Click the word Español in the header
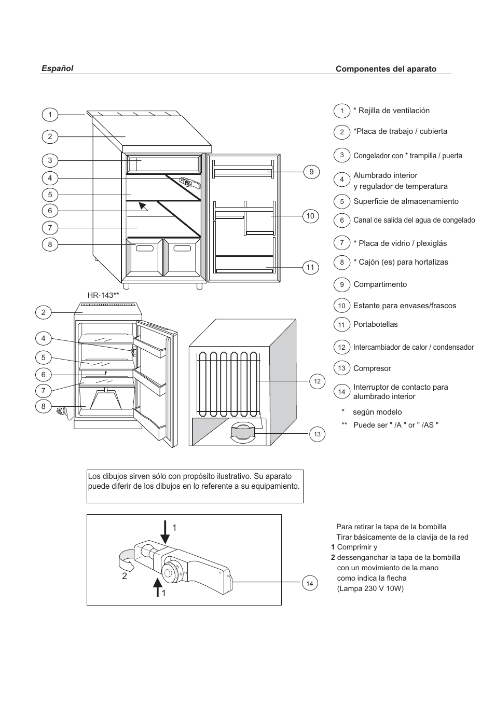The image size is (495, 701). pos(57,68)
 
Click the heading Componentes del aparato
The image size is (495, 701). pos(386,69)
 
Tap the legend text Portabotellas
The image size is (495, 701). pos(375,324)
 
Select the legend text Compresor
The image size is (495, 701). pos(372,368)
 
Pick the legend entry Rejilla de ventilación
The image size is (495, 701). pos(391,111)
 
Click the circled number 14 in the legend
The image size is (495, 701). pos(341,392)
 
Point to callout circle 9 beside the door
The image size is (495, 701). pos(311,172)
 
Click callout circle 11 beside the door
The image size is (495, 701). pos(310,268)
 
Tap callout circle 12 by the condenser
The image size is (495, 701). pos(317,381)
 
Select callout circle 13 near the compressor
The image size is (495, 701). pos(317,434)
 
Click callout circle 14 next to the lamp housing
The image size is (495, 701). pos(310,584)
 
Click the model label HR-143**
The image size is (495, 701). pos(103,295)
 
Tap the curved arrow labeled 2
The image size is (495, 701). pos(126,558)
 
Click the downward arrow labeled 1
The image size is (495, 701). pos(164,531)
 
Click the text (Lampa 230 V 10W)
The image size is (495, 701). pos(370,588)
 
